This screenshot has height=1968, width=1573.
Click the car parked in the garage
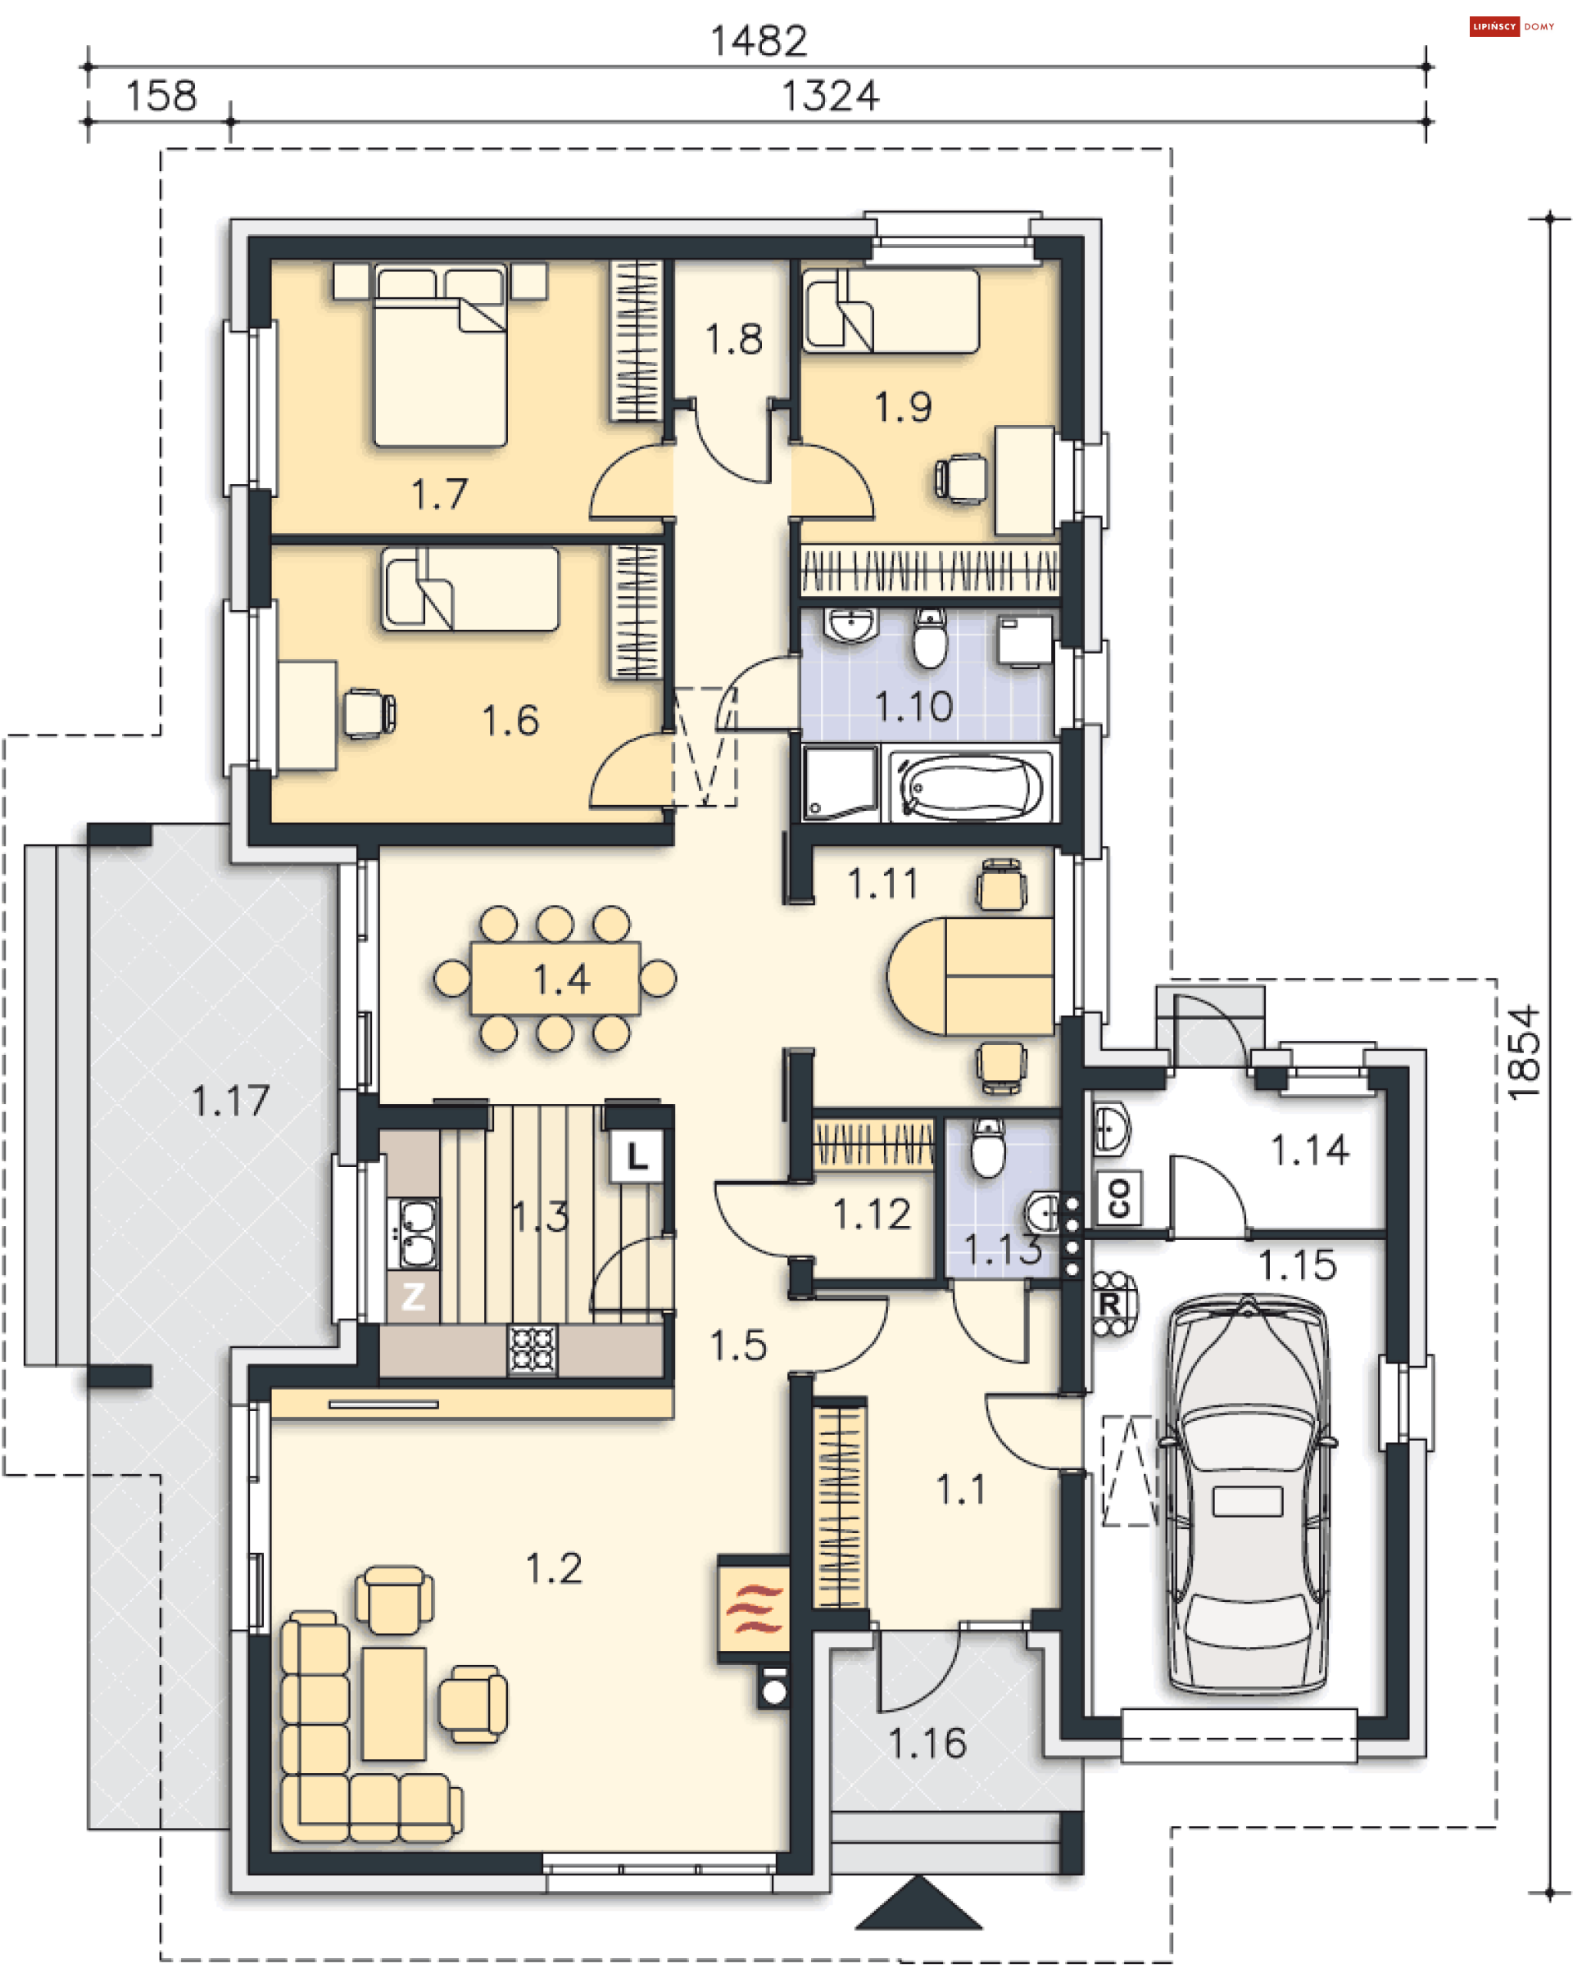[1246, 1495]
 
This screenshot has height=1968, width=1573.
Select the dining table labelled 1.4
[554, 979]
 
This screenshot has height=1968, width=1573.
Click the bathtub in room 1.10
[969, 785]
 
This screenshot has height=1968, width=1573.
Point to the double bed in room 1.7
[439, 355]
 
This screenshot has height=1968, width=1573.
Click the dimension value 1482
[759, 41]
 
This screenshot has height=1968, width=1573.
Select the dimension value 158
[161, 96]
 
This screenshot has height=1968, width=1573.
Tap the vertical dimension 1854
[1523, 1053]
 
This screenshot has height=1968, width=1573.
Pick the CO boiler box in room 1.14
[1118, 1197]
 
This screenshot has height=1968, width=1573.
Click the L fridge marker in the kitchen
[636, 1157]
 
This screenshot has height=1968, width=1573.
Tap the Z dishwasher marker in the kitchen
[413, 1296]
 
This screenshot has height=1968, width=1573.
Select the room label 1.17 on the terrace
[230, 1101]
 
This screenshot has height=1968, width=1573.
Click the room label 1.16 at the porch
[927, 1744]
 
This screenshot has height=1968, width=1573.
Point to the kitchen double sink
[414, 1233]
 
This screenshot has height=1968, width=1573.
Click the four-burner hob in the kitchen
[533, 1349]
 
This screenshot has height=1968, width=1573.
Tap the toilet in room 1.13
[987, 1147]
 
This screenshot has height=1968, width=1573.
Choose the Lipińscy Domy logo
[1511, 26]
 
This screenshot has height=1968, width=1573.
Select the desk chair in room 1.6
[369, 713]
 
